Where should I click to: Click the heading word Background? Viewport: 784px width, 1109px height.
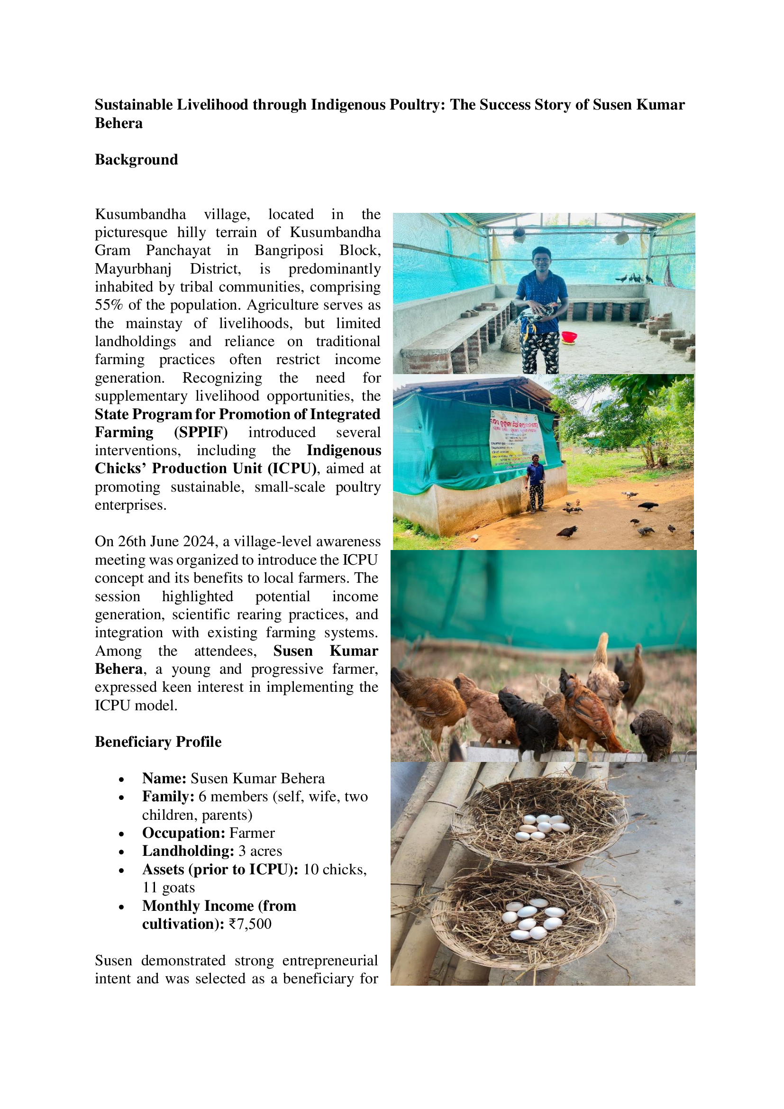[x=136, y=160]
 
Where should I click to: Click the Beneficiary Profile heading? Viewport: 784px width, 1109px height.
[x=158, y=742]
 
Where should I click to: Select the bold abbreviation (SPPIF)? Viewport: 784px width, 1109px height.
[x=201, y=432]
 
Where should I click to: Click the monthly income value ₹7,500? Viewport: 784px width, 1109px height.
[x=250, y=924]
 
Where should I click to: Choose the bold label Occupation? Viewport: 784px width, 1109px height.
[x=183, y=833]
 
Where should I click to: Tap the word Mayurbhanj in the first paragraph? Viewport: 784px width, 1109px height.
[x=133, y=268]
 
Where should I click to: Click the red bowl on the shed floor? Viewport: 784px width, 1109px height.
[x=569, y=336]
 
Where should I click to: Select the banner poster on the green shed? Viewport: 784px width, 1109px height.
[x=515, y=440]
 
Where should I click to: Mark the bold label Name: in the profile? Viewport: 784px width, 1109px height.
[x=164, y=778]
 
